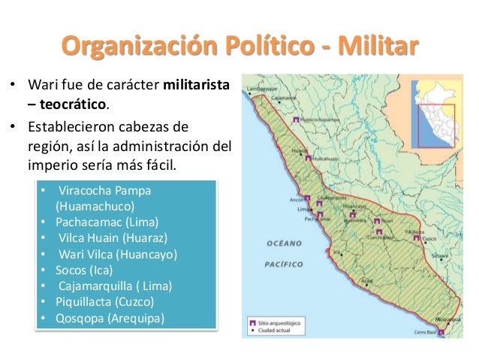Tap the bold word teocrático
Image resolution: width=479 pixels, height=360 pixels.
coord(76,101)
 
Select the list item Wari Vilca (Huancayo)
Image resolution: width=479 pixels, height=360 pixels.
coord(116,253)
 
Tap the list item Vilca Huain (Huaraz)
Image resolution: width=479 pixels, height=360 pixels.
coord(111,237)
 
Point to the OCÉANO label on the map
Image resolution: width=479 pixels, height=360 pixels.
coord(283,244)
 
